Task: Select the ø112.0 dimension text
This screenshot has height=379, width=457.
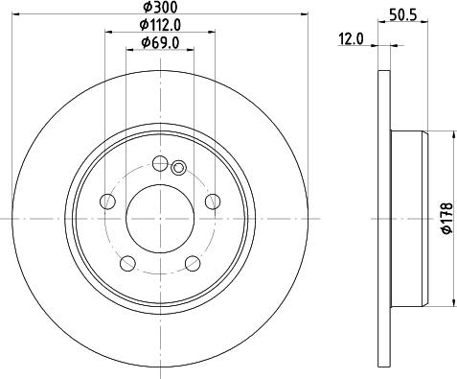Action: tap(158, 25)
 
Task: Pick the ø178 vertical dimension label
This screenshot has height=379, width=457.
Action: tap(445, 220)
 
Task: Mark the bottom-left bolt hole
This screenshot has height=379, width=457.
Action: tap(127, 262)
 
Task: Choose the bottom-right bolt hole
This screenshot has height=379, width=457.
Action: tap(191, 262)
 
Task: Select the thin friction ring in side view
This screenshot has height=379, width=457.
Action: tap(384, 219)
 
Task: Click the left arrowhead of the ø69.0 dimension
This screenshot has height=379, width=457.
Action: tap(129, 51)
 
